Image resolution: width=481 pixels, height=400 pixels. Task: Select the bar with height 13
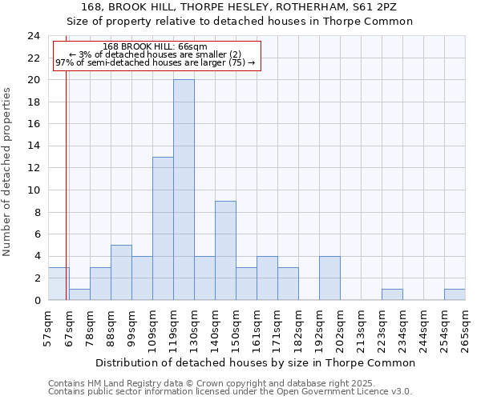(163, 229)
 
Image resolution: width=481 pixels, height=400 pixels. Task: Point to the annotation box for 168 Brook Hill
(157, 55)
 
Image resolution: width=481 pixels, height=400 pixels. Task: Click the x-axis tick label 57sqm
(49, 328)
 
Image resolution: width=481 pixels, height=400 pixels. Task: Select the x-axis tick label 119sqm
(174, 328)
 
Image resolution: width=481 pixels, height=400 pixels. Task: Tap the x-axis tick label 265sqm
(466, 328)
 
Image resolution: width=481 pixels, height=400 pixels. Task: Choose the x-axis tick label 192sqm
(320, 328)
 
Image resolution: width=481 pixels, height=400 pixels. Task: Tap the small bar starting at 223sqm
(392, 294)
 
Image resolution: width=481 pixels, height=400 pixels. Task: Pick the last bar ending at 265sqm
(455, 294)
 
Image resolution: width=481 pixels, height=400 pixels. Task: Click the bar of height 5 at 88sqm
(121, 273)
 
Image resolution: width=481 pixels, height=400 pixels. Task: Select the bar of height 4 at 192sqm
(329, 278)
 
